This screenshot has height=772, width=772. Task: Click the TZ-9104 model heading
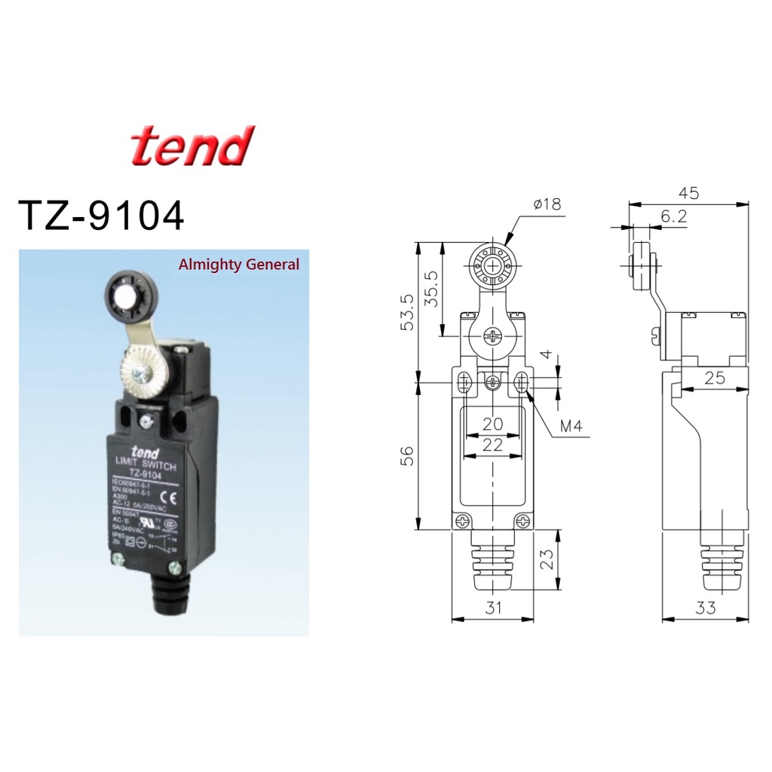click(101, 216)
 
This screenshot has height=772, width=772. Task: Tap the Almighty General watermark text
click(238, 265)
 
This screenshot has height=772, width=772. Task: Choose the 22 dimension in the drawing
click(492, 445)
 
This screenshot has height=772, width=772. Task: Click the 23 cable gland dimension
click(550, 559)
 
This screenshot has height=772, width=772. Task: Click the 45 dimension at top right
click(688, 193)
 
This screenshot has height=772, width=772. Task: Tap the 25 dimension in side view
click(713, 378)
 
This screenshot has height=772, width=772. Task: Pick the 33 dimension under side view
click(706, 608)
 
